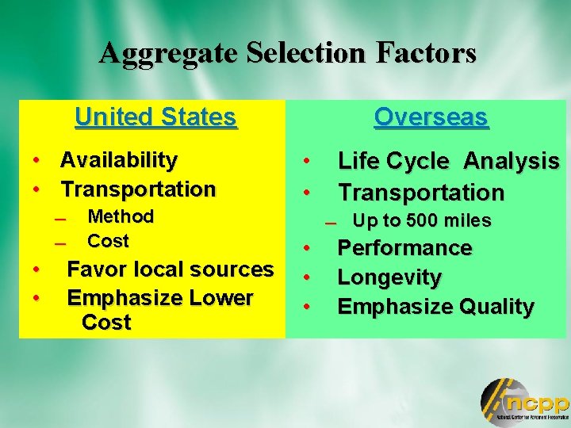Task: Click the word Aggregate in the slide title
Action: pyautogui.click(x=168, y=53)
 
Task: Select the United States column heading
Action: pyautogui.click(x=155, y=117)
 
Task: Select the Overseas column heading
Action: pyautogui.click(x=431, y=117)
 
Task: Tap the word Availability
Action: pyautogui.click(x=119, y=160)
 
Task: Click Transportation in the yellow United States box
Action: pyautogui.click(x=138, y=189)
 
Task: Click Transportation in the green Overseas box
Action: pyautogui.click(x=421, y=193)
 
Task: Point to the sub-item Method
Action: pyautogui.click(x=121, y=216)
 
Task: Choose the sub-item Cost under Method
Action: pyautogui.click(x=108, y=241)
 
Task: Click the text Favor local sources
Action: pyautogui.click(x=170, y=269)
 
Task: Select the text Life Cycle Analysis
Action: pyautogui.click(x=448, y=162)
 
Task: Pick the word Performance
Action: pyautogui.click(x=404, y=248)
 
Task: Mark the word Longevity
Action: pyautogui.click(x=389, y=277)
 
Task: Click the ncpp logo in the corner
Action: pyautogui.click(x=524, y=401)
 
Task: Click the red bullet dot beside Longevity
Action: pyautogui.click(x=305, y=278)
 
